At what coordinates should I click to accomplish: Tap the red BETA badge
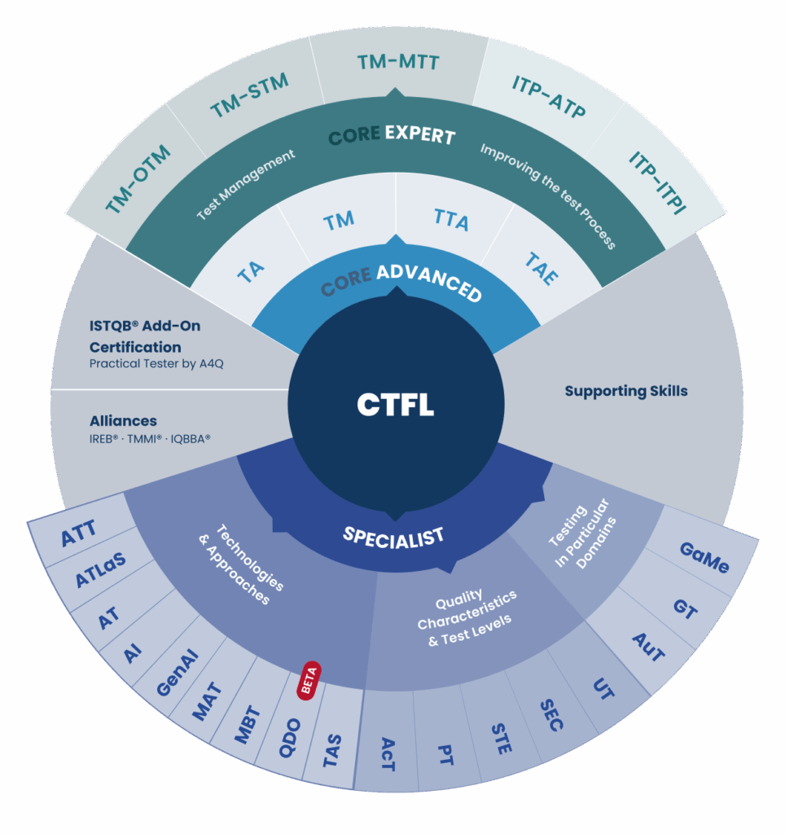310,681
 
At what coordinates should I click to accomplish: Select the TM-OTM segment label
138,180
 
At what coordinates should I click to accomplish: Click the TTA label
451,219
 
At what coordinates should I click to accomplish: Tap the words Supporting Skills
626,391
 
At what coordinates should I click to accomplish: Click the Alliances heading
123,421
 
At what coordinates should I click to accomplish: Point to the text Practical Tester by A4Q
156,363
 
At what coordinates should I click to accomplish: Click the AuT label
648,647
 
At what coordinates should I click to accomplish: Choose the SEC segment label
551,715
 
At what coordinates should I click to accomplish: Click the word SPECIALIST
393,535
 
